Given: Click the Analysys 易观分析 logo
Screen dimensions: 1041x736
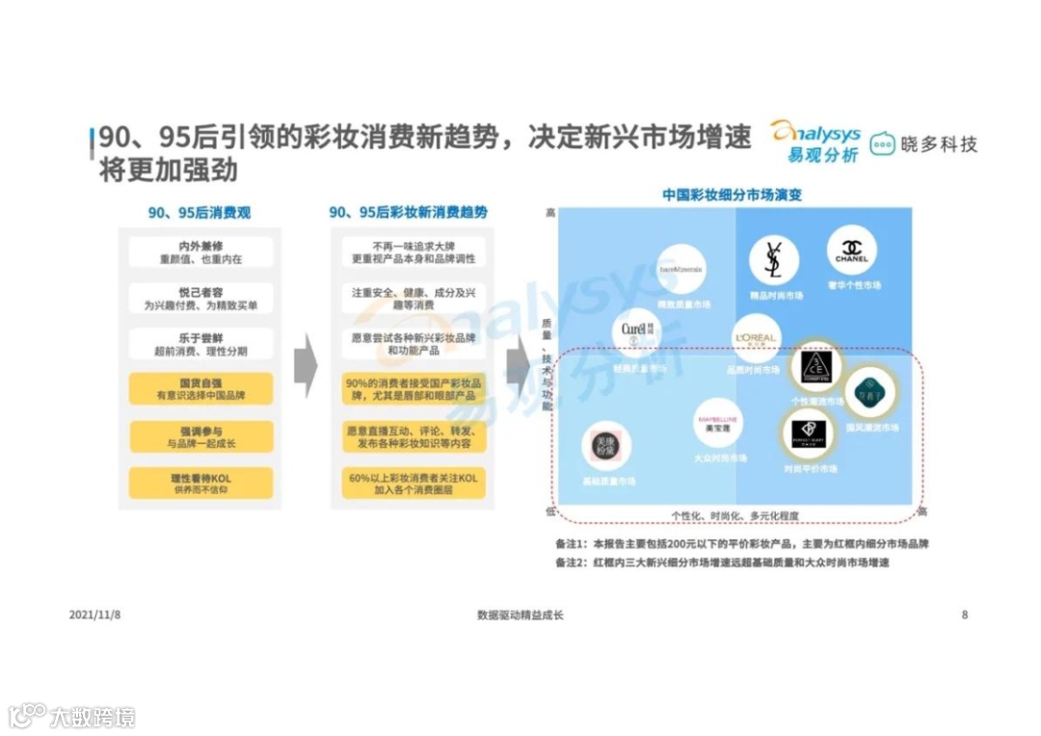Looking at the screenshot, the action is pos(814,142).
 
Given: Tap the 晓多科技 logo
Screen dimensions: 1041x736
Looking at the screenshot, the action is pos(922,145).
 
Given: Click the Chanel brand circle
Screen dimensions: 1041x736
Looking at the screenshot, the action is pos(851,249).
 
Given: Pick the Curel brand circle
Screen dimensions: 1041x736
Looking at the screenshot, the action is pos(636,331).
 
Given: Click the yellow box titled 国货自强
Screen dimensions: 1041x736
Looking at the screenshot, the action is pos(201,388).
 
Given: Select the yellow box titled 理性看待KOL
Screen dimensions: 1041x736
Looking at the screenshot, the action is pos(201,483).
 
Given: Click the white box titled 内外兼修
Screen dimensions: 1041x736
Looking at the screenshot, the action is pos(201,252).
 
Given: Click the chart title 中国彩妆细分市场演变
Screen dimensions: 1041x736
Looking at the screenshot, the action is pos(732,195).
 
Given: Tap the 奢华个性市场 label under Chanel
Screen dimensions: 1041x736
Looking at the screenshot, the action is pos(852,286).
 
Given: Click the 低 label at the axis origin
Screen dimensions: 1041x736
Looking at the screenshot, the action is pos(550,512).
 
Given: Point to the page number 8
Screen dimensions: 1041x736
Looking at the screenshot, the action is pos(965,615).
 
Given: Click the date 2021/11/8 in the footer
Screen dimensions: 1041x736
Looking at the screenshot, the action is pos(94,615).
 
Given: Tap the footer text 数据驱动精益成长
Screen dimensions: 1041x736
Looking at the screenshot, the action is pos(520,615).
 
